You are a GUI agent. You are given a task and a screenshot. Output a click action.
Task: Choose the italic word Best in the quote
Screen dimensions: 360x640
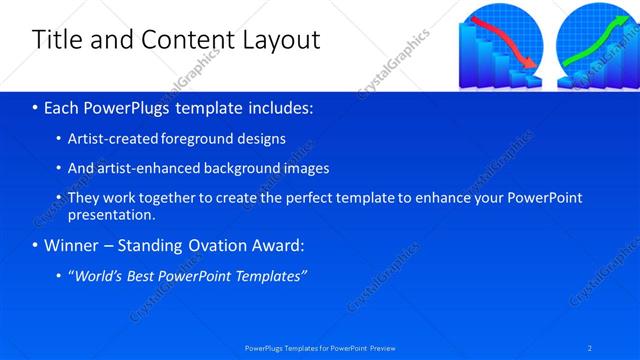tap(147, 276)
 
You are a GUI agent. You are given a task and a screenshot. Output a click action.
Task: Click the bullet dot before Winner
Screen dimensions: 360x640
tap(35, 245)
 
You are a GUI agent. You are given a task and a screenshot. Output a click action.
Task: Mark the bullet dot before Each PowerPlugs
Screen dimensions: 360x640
tap(35, 107)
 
